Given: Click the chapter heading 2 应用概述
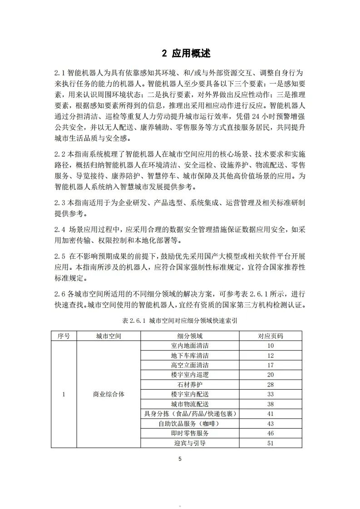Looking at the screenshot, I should (186, 53).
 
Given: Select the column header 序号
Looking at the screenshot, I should (64, 336).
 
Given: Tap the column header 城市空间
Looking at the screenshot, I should (108, 336).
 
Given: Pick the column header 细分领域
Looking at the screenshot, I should (190, 336).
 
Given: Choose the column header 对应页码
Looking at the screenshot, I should (271, 336).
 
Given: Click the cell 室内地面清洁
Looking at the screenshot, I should (190, 346).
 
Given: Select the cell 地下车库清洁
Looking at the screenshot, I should (190, 356).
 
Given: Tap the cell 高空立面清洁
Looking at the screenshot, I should (190, 365).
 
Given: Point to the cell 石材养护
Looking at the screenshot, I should (190, 385).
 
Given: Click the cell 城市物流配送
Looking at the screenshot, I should (190, 404).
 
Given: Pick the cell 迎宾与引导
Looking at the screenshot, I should (190, 443).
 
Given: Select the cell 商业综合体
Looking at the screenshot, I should (108, 394).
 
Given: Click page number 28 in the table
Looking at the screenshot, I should (271, 385).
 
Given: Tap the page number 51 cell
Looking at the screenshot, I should (271, 443).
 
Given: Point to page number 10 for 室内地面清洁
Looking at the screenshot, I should (271, 346).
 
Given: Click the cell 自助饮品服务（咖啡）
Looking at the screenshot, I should (190, 423).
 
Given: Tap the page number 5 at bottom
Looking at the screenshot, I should (180, 459).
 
